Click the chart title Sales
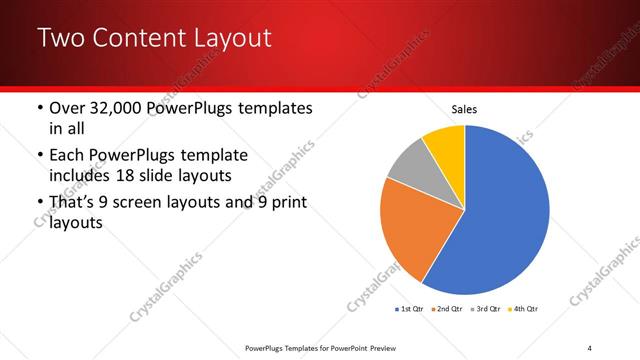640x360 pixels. tap(464, 108)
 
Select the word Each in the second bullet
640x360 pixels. tap(69, 155)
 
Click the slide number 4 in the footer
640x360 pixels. tap(589, 347)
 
